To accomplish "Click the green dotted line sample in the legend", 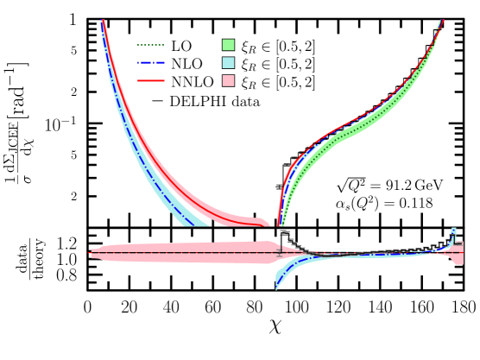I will pos(150,45).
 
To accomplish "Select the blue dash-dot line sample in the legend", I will pos(150,63).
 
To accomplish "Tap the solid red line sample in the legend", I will pos(150,80).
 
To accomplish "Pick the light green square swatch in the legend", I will pos(228,45).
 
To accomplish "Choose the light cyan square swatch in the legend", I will pos(228,63).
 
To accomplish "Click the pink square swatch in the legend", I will pos(228,80).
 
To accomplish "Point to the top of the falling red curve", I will pos(103,21).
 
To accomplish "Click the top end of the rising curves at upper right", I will pos(442,21).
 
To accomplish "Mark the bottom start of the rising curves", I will pos(279,224).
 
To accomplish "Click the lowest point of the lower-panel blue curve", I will pos(276,287).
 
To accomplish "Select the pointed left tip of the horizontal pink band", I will pos(90,252).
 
